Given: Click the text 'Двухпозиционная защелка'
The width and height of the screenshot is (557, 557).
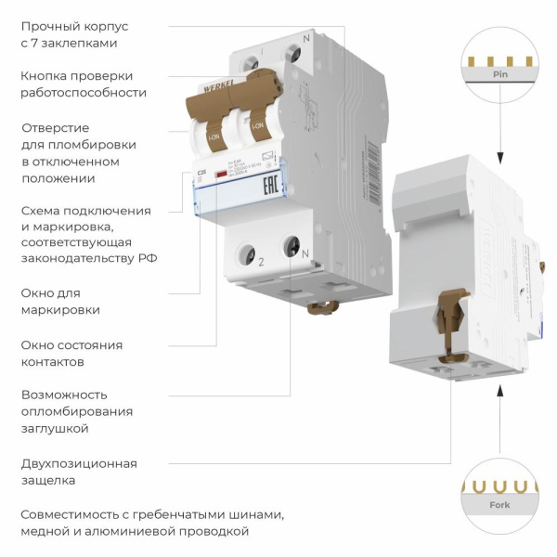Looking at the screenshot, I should click(79, 472).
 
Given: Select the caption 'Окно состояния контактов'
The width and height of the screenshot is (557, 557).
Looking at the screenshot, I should click(71, 353).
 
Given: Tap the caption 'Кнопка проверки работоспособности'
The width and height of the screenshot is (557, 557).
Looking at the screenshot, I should click(83, 84).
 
